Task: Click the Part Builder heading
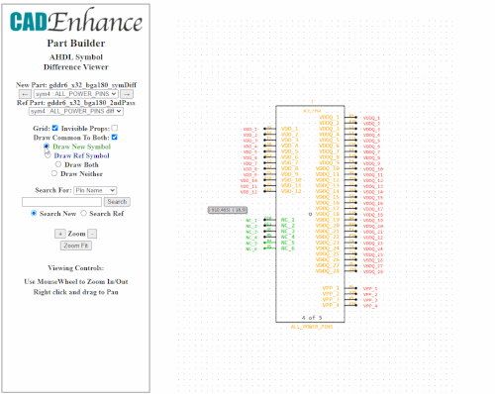[76, 44]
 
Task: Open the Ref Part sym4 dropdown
[76, 113]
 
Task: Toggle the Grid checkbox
[53, 128]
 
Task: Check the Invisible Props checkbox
[115, 128]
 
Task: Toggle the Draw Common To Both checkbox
[115, 137]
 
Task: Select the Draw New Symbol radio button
[46, 147]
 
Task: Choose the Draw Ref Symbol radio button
[47, 154]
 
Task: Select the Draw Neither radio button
[53, 173]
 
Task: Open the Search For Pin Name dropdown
[95, 189]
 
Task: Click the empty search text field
[61, 201]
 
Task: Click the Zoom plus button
[59, 233]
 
